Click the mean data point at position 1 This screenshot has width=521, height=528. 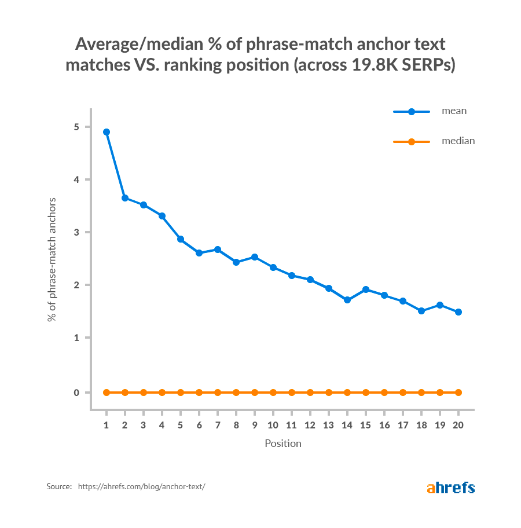point(107,132)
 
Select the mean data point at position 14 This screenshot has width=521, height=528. point(347,300)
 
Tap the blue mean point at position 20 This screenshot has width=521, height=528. point(458,312)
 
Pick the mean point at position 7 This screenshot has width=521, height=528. point(218,250)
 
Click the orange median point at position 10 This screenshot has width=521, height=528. point(273,393)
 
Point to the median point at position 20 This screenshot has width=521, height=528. point(458,393)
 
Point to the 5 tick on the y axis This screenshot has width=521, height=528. point(78,127)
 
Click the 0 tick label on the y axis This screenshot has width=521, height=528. point(78,393)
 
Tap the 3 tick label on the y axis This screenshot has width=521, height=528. point(78,232)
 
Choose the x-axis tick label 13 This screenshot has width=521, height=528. point(329,425)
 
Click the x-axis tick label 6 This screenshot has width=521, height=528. point(199,425)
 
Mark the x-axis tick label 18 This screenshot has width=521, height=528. point(421,425)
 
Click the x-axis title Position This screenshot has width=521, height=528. point(283,444)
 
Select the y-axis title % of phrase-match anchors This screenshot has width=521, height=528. point(52,259)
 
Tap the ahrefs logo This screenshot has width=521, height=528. point(451,487)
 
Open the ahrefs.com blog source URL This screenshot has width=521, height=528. point(141,487)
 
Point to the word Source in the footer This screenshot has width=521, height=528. point(58,487)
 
